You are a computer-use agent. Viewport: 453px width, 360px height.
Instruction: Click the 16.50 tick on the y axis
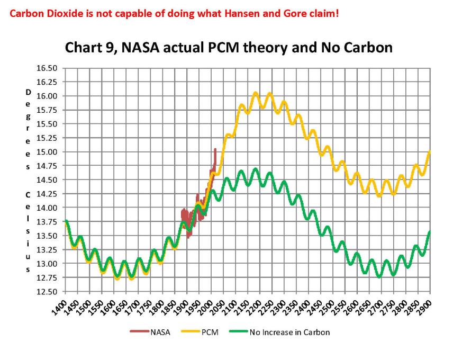(47, 68)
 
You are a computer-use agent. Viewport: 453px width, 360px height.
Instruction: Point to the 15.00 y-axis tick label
(47, 152)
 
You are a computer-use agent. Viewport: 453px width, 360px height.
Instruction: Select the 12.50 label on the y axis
(47, 292)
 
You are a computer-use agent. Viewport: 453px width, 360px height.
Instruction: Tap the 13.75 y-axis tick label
(47, 222)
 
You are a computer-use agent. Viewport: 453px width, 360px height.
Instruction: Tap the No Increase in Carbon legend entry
(280, 332)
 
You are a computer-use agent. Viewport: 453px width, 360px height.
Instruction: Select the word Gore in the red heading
(295, 12)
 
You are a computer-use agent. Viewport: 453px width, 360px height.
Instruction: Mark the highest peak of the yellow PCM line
(256, 93)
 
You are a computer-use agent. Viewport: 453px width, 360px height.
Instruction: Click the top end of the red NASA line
(215, 149)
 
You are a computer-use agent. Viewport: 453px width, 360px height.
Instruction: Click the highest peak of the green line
(256, 169)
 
